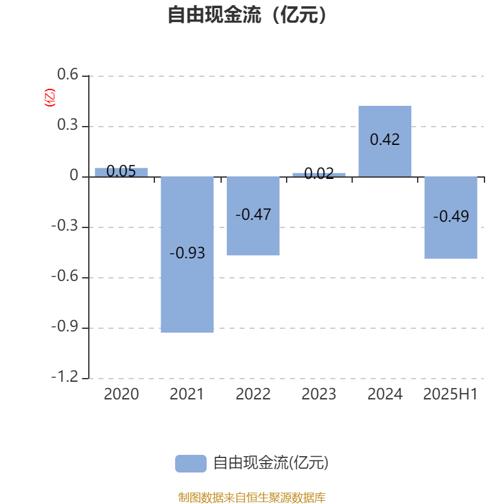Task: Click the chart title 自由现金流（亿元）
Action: [x=247, y=14]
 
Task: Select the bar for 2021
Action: [x=187, y=255]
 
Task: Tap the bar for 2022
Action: [x=253, y=216]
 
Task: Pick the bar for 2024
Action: [x=385, y=141]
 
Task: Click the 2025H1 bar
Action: [x=450, y=217]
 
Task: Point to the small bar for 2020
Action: [x=121, y=172]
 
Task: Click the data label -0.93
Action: [x=187, y=253]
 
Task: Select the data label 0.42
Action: [x=385, y=139]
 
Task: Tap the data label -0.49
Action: [x=450, y=216]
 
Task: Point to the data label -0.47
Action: [x=253, y=214]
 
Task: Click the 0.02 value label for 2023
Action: [x=319, y=174]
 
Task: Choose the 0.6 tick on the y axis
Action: [x=67, y=74]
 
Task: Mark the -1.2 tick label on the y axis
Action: [x=65, y=376]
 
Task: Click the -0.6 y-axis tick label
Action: [x=65, y=276]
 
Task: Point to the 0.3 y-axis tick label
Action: [x=67, y=125]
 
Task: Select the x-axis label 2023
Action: [x=319, y=394]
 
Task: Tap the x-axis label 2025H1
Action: [x=450, y=394]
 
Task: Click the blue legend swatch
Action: [x=191, y=464]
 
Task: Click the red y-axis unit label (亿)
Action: [x=50, y=98]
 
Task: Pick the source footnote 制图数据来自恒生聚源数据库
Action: [x=251, y=497]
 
